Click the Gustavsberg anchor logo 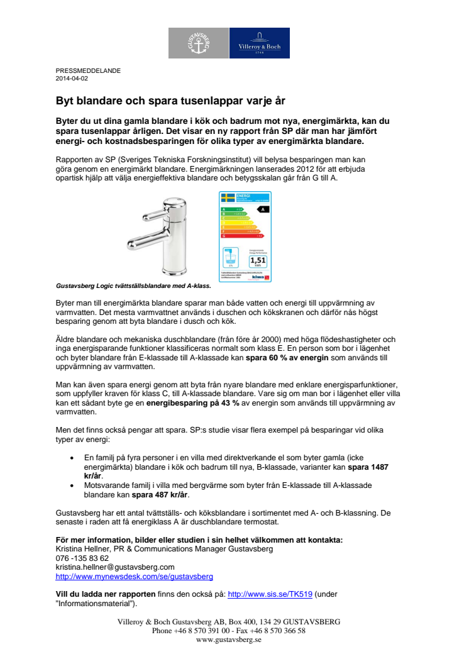tap(198, 43)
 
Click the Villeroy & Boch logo tap(259, 43)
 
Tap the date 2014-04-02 tap(72, 79)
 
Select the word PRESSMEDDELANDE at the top tap(88, 71)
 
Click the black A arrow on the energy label tap(263, 209)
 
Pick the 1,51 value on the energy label tap(258, 260)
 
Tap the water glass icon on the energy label tap(230, 258)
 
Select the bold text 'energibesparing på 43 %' tap(193, 404)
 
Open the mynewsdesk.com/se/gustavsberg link tap(135, 576)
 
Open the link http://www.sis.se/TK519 tap(270, 594)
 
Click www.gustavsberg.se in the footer tap(229, 639)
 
